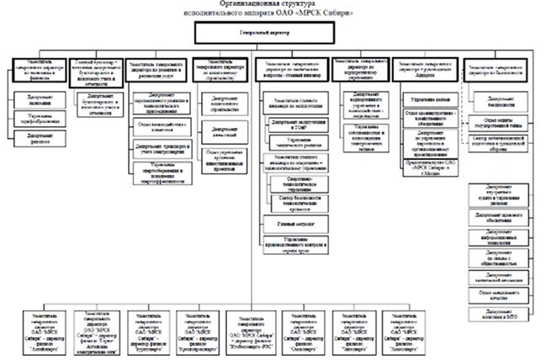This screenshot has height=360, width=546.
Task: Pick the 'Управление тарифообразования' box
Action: point(34,118)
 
